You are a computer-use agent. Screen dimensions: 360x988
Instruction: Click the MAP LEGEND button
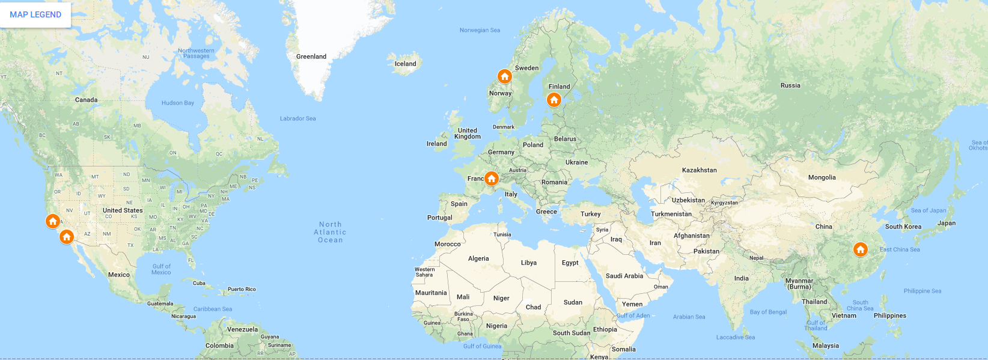coord(35,14)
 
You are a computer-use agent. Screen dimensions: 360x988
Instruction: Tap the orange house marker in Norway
coord(505,76)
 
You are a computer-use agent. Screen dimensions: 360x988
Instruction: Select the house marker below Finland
coord(554,100)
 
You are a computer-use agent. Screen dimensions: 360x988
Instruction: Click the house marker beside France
coord(492,178)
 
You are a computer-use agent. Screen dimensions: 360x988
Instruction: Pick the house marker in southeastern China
coord(861,249)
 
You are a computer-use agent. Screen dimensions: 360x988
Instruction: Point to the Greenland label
coord(311,56)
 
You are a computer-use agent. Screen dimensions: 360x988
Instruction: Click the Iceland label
coord(405,64)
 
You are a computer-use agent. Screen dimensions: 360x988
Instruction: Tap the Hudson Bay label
coord(178,103)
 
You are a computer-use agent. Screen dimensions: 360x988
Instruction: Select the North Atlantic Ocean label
coord(331,232)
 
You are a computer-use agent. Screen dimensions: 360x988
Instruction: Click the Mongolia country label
coord(822,177)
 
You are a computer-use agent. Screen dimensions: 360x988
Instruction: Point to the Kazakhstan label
coord(700,170)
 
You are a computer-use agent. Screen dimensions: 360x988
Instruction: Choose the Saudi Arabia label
coord(624,276)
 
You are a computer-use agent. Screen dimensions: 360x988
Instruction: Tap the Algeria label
coord(478,258)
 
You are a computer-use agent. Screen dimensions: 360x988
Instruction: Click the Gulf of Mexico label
coord(161,269)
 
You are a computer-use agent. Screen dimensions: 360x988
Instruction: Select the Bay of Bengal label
coord(768,312)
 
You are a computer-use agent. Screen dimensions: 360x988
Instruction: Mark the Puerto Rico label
coord(242,289)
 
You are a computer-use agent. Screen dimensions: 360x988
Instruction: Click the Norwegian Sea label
coord(480,30)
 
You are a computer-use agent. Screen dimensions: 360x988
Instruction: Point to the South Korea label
coord(903,227)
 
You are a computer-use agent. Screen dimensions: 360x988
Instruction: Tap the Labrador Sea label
coord(297,118)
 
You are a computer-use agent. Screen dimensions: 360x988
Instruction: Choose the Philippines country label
coord(890,316)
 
